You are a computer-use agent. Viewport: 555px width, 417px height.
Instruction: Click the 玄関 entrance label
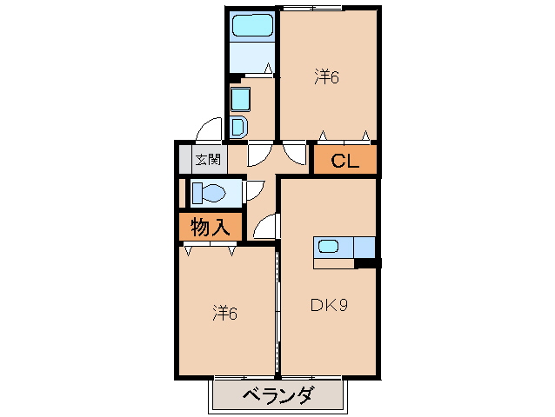[x=207, y=159]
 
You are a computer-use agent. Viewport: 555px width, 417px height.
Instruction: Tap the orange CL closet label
[x=344, y=161]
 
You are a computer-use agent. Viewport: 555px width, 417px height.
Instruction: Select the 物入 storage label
[x=210, y=228]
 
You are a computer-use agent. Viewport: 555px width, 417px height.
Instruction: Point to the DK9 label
[x=330, y=305]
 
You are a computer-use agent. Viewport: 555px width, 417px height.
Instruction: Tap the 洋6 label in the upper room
[x=326, y=77]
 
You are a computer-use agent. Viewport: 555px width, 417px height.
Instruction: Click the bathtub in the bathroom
[x=253, y=26]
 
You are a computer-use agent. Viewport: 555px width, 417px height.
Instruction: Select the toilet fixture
[x=210, y=192]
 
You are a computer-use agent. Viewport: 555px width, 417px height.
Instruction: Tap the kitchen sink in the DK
[x=329, y=246]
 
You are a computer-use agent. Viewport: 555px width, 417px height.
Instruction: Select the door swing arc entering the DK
[x=267, y=228]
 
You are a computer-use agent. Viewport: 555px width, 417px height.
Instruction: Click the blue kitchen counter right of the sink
[x=364, y=247]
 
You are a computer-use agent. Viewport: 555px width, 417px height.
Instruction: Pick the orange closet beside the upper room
[x=344, y=161]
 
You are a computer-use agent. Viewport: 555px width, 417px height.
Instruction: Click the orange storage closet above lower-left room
[x=210, y=228]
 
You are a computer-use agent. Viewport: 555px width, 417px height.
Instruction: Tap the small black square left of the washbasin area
[x=232, y=79]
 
